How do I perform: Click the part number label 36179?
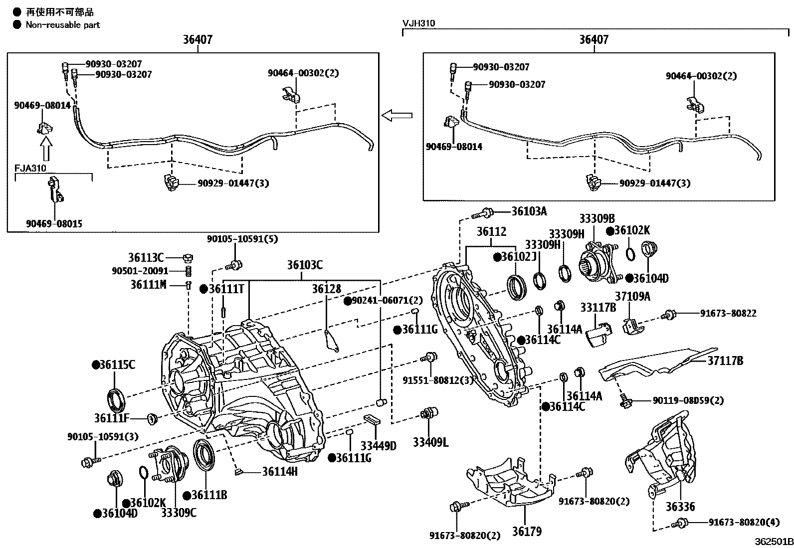click(x=526, y=532)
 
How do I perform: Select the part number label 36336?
click(x=680, y=507)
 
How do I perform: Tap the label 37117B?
click(x=725, y=361)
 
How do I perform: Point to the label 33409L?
click(x=430, y=442)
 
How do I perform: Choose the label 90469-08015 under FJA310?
click(x=54, y=224)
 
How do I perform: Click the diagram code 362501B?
click(x=773, y=542)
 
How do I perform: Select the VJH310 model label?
click(x=418, y=23)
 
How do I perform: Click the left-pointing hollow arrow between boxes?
click(x=397, y=116)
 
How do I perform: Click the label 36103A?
click(x=529, y=211)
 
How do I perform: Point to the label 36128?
click(x=327, y=289)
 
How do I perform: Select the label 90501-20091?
click(x=140, y=271)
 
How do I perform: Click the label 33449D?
click(x=378, y=445)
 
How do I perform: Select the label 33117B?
click(x=598, y=308)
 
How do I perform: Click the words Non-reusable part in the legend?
click(x=63, y=24)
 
